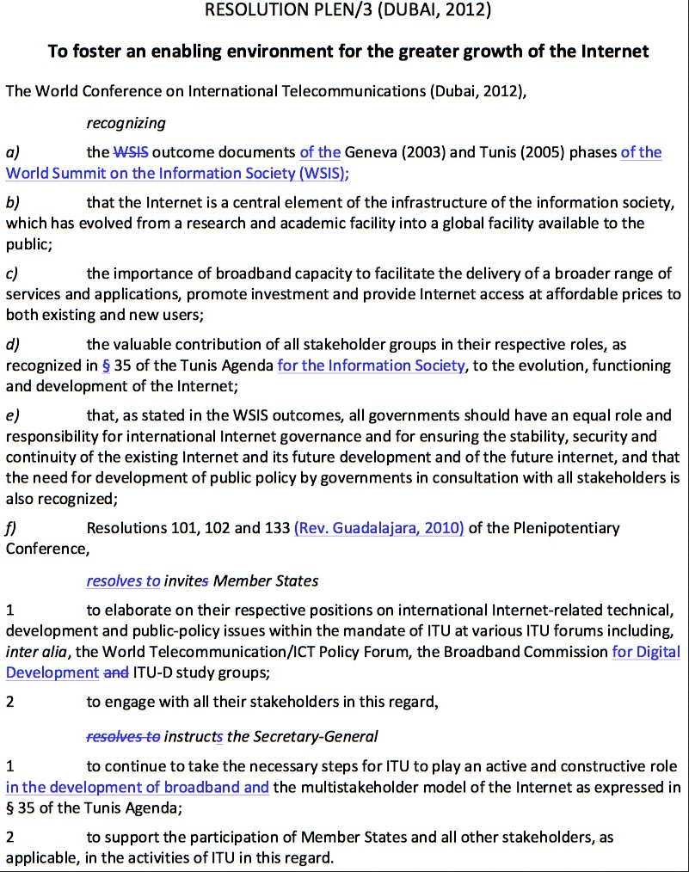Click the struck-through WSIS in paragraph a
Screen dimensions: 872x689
[x=130, y=152]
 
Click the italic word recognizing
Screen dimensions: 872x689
[x=126, y=123]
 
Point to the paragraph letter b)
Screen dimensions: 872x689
[x=13, y=203]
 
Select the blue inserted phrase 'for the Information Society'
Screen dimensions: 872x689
[x=371, y=365]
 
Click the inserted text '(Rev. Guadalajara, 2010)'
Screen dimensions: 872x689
[x=378, y=528]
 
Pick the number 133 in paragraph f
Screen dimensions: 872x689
[x=277, y=528]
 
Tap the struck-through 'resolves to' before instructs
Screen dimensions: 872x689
[x=123, y=736]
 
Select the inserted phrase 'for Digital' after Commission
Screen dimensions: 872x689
[x=646, y=652]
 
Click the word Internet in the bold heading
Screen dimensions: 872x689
[x=613, y=51]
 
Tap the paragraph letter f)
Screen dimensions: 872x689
[x=12, y=528]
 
